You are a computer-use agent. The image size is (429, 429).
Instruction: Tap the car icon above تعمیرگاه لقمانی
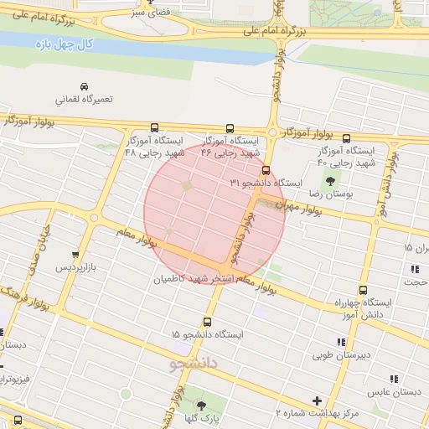tap(84, 86)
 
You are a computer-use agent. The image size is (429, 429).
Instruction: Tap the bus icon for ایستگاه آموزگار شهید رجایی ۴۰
tap(346, 139)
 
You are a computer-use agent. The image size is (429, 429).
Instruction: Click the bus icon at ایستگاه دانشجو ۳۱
tap(266, 171)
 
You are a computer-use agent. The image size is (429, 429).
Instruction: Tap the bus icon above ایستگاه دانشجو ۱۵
tap(208, 322)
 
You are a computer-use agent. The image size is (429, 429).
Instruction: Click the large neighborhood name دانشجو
tap(194, 364)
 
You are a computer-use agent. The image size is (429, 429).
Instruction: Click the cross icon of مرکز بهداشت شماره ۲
tap(317, 401)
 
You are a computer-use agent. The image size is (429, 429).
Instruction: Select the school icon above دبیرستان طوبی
tap(340, 342)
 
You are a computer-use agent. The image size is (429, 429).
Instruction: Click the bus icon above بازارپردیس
tap(76, 255)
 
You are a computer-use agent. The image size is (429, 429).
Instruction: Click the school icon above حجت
tap(414, 269)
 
